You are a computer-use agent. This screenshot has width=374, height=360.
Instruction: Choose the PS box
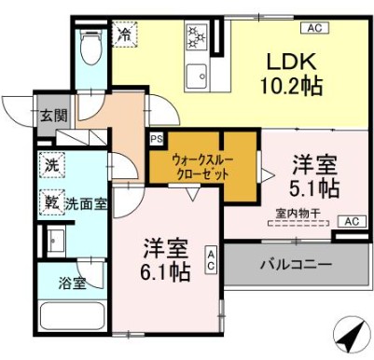click(155, 139)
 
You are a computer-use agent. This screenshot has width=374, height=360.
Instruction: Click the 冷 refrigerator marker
click(124, 35)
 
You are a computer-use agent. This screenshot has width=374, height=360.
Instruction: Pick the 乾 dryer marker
click(50, 199)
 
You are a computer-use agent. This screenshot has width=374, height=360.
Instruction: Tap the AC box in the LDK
click(313, 29)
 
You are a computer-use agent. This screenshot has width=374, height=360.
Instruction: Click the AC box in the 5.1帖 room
click(349, 221)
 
